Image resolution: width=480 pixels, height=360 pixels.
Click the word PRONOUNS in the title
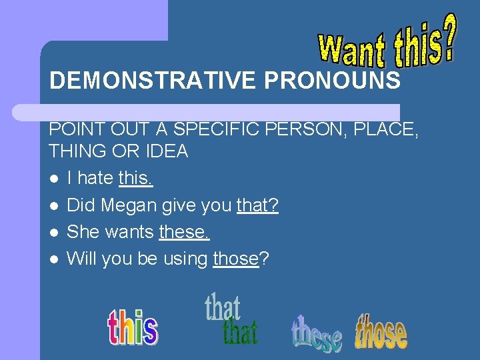point(333,81)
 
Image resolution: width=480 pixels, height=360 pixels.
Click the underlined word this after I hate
point(135,178)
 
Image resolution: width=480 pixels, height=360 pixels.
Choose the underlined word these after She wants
point(184,232)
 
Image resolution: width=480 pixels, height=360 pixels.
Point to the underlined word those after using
point(236,258)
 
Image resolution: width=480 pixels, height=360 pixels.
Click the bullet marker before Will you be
point(54,259)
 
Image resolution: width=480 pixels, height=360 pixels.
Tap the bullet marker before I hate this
point(54,179)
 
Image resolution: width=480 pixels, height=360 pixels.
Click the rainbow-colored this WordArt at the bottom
point(133,327)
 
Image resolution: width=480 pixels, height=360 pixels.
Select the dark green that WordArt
point(239,331)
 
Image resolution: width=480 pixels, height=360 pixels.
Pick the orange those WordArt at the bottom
point(381,332)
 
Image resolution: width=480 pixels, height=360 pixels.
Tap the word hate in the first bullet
point(96,178)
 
